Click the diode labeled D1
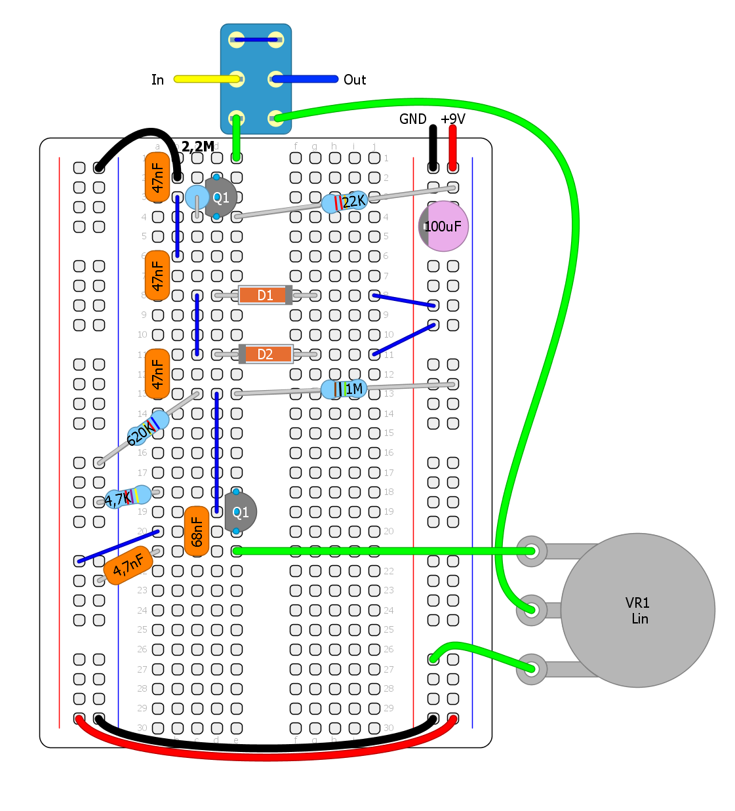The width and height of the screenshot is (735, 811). coord(265,295)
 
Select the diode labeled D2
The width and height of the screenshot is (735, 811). coord(265,354)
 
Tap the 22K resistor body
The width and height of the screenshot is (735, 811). coord(345,202)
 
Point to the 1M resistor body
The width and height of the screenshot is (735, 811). coord(344,389)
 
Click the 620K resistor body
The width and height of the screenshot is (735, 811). coord(148,428)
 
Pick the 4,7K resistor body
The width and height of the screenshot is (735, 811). coord(129,497)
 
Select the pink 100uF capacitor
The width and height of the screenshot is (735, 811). coord(444,226)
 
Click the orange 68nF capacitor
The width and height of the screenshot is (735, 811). coord(197,531)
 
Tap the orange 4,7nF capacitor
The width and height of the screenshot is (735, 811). coord(128,565)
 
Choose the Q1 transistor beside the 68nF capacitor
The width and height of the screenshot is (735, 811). coord(240,512)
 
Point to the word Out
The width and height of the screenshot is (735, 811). coord(355,80)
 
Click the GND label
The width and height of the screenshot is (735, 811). coord(413,119)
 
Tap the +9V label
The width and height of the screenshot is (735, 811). coord(453,119)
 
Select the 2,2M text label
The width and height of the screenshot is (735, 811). coord(197,147)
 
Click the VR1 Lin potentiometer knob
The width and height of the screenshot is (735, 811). coord(637,610)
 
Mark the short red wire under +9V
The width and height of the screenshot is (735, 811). coord(452,148)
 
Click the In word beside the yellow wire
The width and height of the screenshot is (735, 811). coord(157,80)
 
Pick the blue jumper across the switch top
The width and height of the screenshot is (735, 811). coord(256,40)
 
